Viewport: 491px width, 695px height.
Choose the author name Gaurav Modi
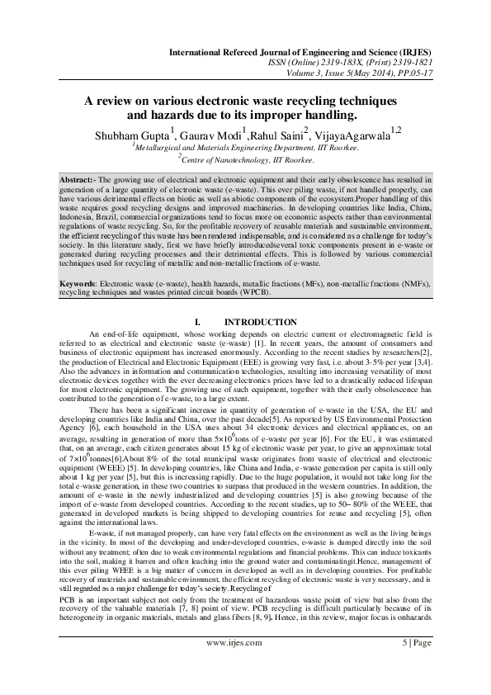[210, 134]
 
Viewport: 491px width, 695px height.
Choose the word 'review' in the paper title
[119, 101]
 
